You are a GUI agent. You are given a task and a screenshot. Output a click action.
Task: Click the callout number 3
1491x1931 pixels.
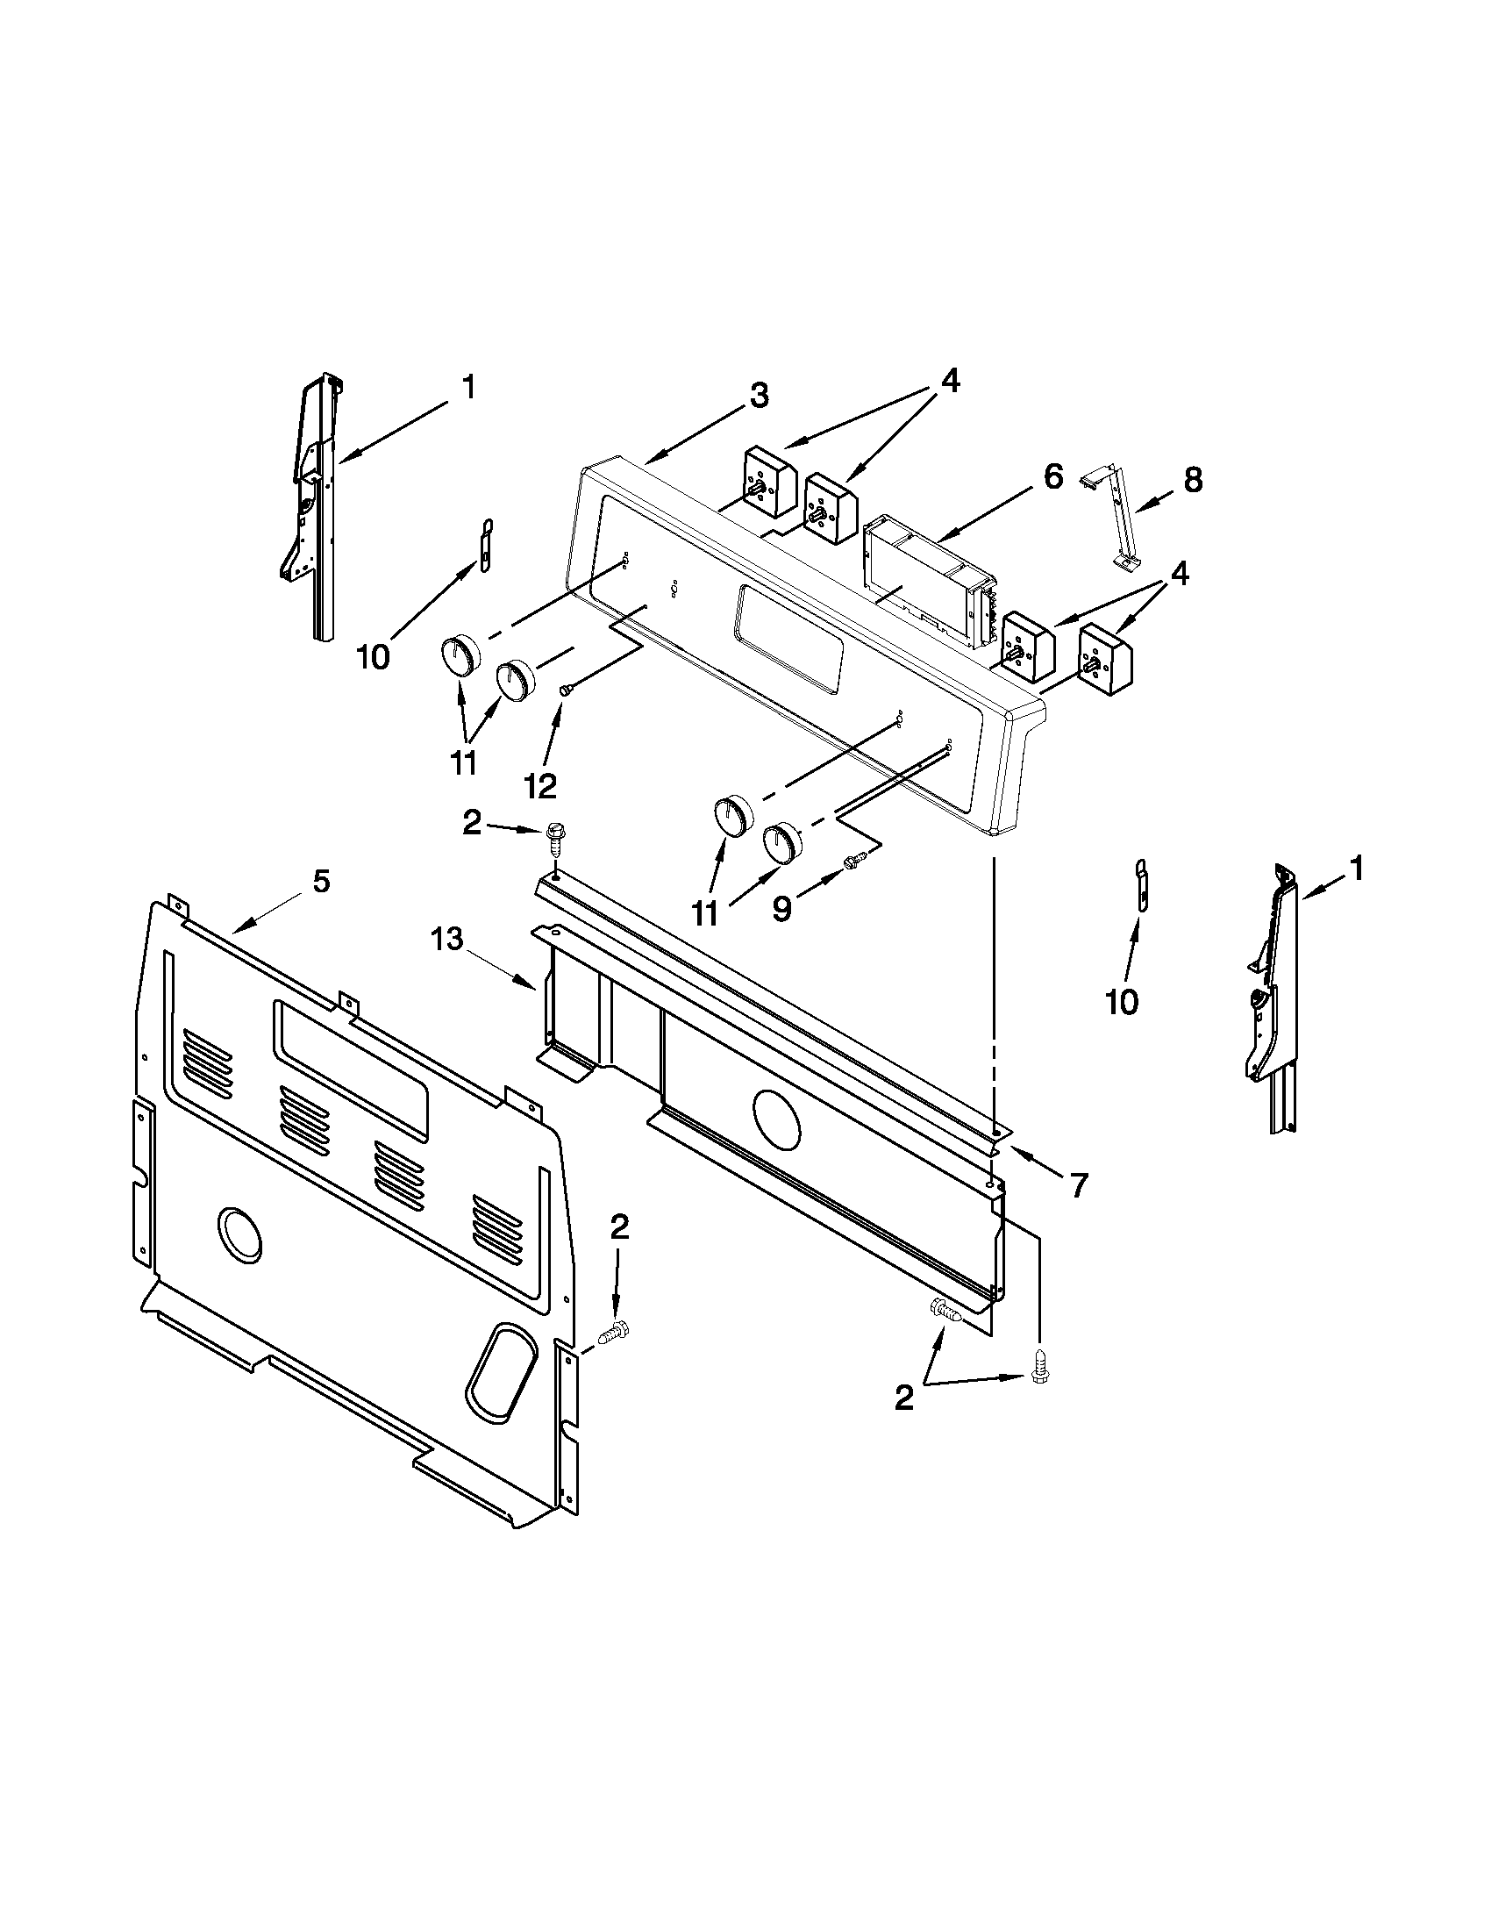759,395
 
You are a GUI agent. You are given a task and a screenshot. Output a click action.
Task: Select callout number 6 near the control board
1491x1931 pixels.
1052,476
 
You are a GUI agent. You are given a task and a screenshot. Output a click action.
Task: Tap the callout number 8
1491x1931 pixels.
1192,481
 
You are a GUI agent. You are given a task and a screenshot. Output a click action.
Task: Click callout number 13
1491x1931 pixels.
447,940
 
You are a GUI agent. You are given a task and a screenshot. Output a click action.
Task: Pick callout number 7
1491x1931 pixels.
1077,1184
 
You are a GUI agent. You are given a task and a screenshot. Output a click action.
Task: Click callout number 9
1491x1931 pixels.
781,910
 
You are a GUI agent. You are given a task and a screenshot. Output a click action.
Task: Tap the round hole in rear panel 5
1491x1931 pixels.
239,1233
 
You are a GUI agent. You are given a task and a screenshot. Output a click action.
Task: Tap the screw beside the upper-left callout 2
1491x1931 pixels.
557,834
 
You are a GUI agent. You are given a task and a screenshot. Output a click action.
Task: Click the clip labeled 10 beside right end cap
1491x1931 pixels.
1140,883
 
